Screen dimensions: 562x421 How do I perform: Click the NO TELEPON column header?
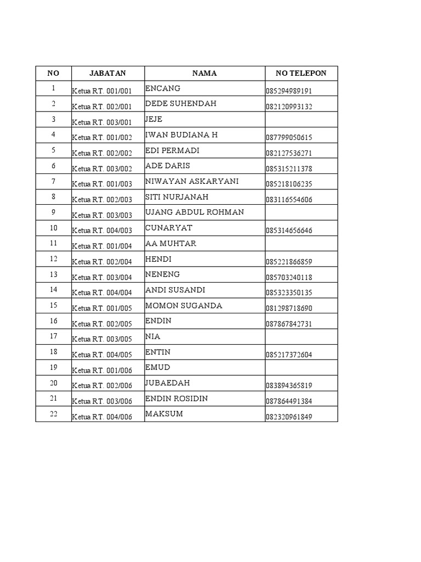(x=301, y=73)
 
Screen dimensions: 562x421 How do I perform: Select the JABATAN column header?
(x=108, y=73)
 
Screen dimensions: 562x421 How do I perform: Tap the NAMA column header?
(x=204, y=73)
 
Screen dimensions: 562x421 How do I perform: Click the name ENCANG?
(x=163, y=88)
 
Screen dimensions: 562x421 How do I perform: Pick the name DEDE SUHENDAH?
(x=181, y=103)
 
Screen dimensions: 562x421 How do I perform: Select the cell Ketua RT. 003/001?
(x=102, y=122)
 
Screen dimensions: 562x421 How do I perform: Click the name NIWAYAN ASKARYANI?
(x=192, y=181)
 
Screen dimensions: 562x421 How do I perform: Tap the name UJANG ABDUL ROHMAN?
(x=195, y=212)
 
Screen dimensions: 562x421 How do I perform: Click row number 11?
(x=53, y=243)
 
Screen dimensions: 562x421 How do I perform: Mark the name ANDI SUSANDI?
(x=175, y=290)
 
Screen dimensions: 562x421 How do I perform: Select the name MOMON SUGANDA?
(x=184, y=306)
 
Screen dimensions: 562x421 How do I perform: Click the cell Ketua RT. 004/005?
(x=102, y=355)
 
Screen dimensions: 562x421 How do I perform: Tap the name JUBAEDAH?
(x=168, y=383)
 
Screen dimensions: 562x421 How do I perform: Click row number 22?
(x=53, y=414)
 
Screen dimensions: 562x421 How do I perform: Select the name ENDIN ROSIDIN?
(x=177, y=398)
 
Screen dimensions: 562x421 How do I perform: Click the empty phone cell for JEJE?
(x=301, y=119)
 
